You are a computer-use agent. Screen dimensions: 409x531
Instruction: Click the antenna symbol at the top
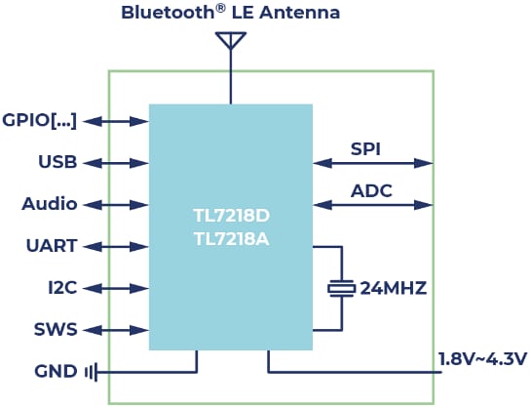pos(230,40)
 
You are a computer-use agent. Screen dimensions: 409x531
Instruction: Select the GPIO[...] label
pos(40,121)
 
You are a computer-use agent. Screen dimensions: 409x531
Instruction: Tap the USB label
pos(57,162)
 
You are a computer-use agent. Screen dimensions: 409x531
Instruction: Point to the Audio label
pos(50,204)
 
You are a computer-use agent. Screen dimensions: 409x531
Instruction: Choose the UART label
pos(53,247)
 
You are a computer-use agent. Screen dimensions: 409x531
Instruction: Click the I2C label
pos(61,289)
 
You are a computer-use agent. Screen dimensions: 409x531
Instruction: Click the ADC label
pos(370,191)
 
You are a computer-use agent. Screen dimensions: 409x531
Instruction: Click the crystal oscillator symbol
pos(341,289)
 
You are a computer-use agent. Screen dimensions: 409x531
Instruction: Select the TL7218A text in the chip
pos(231,237)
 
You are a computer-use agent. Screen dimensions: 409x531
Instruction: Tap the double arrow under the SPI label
pos(372,163)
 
